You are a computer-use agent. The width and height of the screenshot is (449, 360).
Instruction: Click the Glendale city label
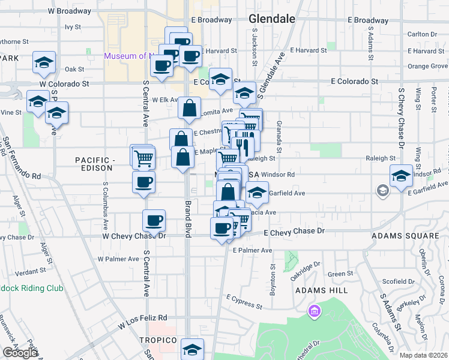pyautogui.click(x=272, y=19)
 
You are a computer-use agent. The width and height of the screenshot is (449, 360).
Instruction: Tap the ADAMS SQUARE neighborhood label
pyautogui.click(x=401, y=236)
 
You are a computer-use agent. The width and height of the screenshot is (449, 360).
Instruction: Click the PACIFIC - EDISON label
pyautogui.click(x=95, y=165)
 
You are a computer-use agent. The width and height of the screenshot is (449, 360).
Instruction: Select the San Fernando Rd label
pyautogui.click(x=21, y=159)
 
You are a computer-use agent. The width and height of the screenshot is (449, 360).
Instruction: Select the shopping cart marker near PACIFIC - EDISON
pyautogui.click(x=143, y=157)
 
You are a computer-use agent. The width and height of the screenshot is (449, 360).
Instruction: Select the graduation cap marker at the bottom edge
pyautogui.click(x=192, y=349)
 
